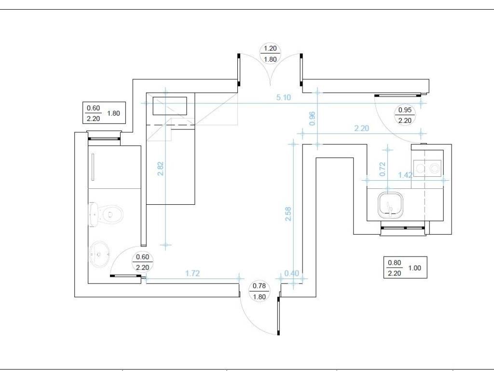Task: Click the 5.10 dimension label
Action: pos(283,98)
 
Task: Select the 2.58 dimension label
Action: pos(288,214)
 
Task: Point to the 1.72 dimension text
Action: pos(192,273)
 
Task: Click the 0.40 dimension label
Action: pos(291,273)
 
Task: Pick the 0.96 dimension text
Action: pos(312,119)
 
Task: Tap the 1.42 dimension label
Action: pos(405,175)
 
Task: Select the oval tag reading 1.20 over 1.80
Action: pos(270,54)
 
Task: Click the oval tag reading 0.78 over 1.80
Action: pos(260,292)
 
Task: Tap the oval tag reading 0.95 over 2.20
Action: pos(405,115)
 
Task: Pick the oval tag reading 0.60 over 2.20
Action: pos(142,262)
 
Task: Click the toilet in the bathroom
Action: pos(105,214)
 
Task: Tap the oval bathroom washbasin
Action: pos(100,253)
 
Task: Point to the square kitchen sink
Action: pos(390,205)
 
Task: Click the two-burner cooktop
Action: pos(428,168)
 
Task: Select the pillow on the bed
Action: pos(170,106)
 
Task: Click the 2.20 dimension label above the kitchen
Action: pos(361,128)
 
